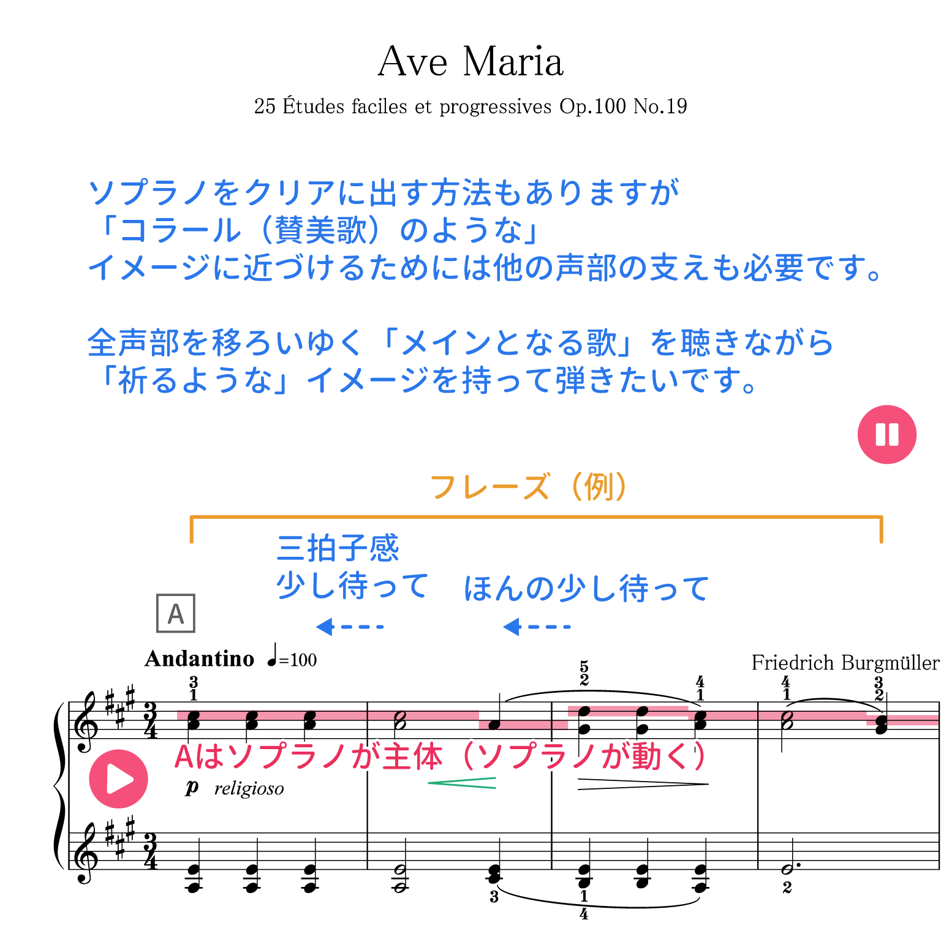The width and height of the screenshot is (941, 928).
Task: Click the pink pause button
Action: coord(886,434)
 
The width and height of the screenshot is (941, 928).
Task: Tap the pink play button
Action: coord(118,779)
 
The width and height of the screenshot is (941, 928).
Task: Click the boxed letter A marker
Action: coord(176,613)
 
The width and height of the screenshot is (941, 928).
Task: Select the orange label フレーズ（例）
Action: coord(528,487)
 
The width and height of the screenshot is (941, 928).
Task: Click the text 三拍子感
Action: coord(338,547)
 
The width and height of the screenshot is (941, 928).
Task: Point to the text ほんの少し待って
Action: coord(586,587)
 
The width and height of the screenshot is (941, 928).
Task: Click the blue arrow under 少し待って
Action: coord(348,626)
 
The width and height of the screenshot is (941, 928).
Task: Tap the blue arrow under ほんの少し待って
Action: coord(535,626)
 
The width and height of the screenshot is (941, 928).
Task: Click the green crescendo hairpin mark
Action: coord(463,783)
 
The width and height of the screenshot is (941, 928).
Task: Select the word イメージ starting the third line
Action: coord(148,268)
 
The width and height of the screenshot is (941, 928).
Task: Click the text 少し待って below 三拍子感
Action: coord(352,585)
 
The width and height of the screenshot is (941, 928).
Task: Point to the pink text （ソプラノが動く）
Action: coord(582,756)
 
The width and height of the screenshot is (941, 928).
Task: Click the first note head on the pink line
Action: coord(194,715)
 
